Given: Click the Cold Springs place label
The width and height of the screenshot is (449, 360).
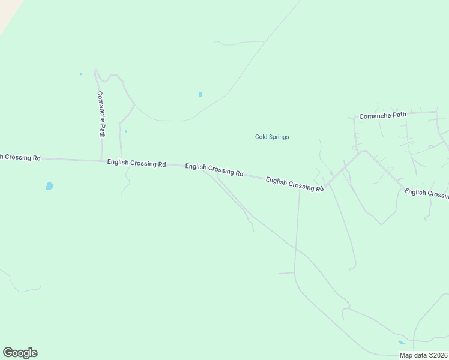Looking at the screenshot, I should click(272, 137).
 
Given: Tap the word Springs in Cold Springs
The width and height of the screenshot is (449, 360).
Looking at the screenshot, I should click(279, 137).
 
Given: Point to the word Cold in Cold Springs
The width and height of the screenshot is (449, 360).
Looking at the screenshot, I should click(261, 137).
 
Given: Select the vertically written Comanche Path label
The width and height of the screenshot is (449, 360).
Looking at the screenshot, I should click(101, 114).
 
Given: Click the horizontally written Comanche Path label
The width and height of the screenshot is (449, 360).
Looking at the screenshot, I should click(382, 115).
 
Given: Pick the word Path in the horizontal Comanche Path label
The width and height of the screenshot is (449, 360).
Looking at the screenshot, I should click(400, 115).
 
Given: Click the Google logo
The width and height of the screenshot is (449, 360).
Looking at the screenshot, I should click(20, 353).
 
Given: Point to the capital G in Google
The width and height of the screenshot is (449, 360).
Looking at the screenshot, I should click(7, 352).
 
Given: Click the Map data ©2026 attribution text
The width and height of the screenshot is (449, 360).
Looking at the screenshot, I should click(423, 355).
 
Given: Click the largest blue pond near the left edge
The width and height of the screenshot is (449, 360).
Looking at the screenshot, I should click(49, 186).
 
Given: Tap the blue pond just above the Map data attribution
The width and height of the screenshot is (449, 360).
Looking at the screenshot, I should click(401, 343).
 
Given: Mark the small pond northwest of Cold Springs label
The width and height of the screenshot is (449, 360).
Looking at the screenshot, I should click(200, 94).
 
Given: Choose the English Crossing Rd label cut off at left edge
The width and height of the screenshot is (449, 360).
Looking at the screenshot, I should click(20, 157).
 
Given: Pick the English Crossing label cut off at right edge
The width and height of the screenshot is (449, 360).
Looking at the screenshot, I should click(427, 193).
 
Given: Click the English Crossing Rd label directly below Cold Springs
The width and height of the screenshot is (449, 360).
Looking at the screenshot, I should click(295, 183).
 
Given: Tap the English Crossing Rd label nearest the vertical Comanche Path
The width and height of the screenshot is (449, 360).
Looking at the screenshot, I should click(136, 163).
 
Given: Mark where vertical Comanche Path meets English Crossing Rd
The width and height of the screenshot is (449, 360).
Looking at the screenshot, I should click(101, 160).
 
